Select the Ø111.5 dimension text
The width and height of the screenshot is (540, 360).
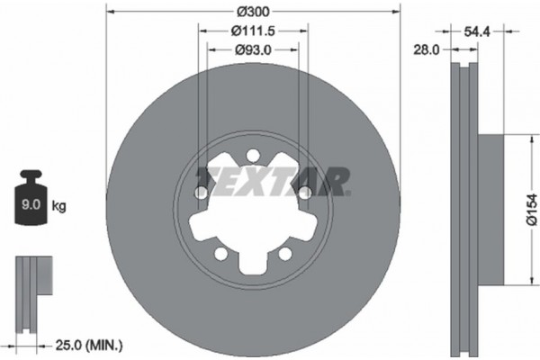coord(251,31)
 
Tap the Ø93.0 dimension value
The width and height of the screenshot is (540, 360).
coord(253,49)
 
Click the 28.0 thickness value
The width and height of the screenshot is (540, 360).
coord(425,50)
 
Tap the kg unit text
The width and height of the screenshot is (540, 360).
coord(59,206)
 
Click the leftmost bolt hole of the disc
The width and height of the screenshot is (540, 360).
coord(201,193)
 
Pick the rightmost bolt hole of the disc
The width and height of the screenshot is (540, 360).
coord(305,192)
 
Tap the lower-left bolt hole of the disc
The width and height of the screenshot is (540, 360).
coord(221,254)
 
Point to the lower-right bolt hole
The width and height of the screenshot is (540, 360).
coord(285,254)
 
